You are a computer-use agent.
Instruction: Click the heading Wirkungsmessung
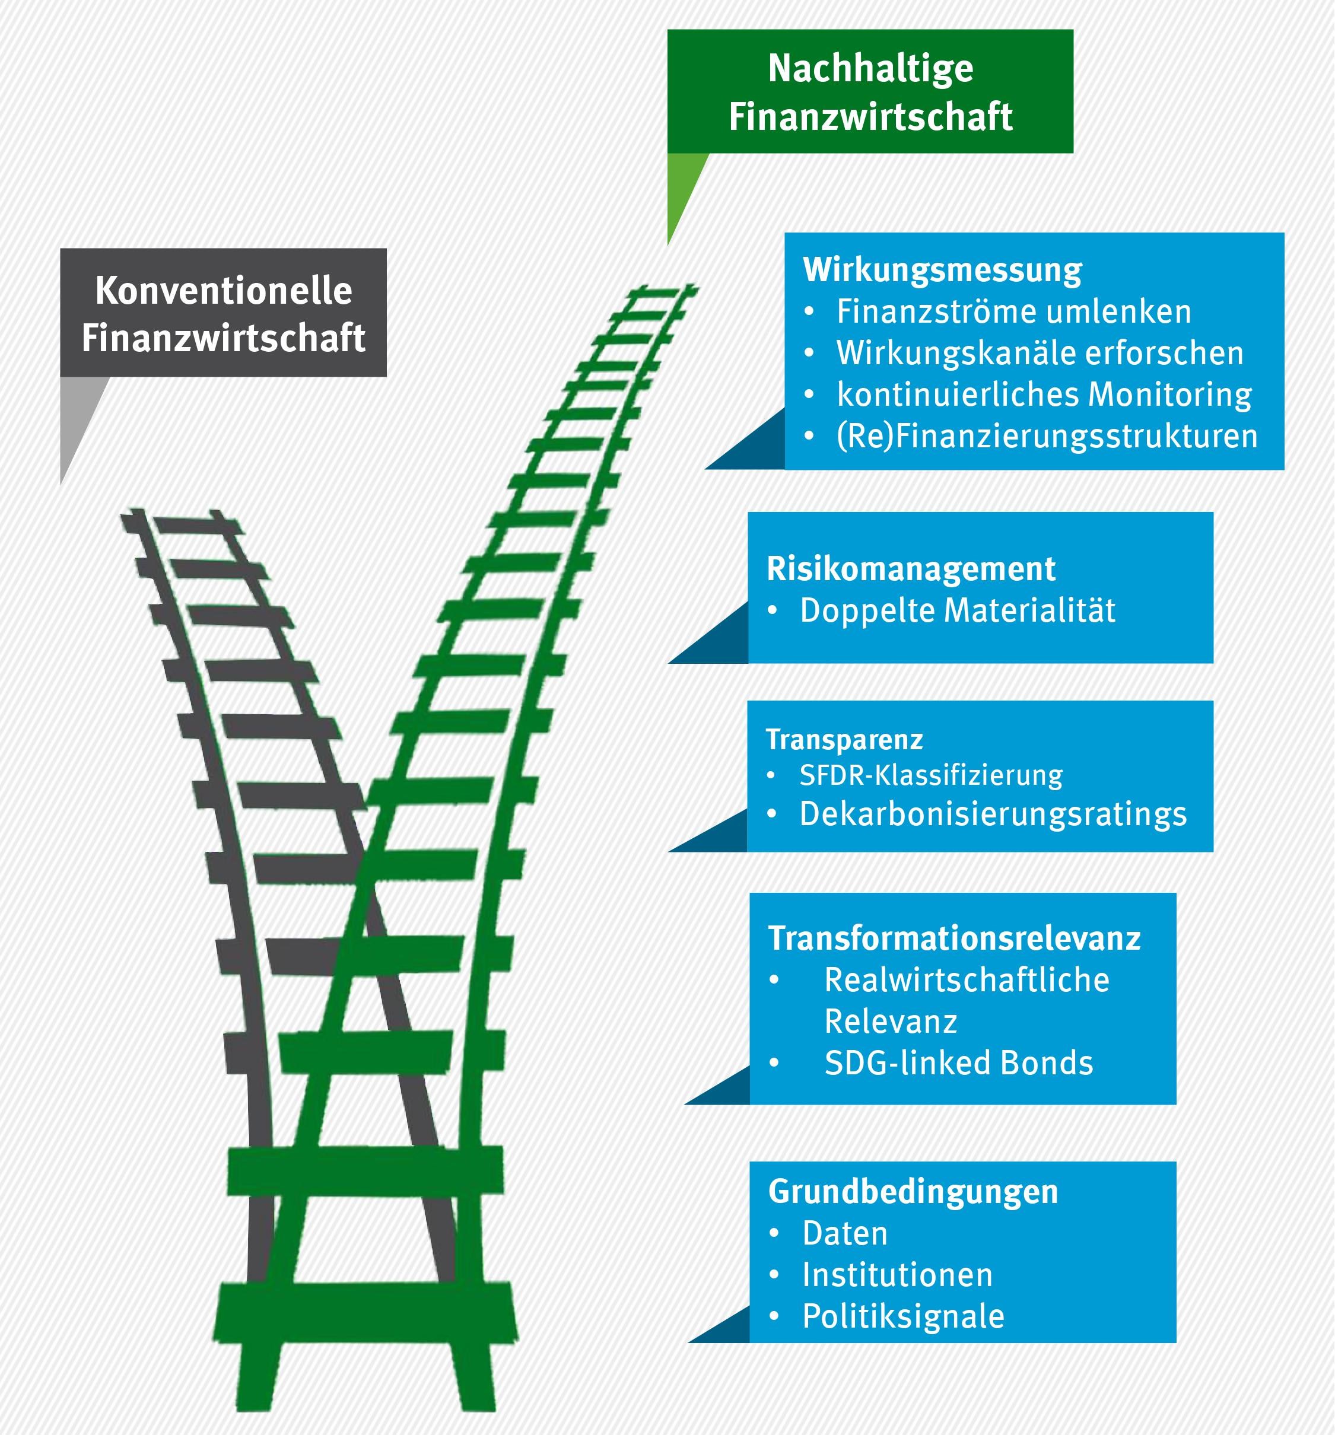[x=942, y=270]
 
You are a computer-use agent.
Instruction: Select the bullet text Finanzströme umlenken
[x=1013, y=312]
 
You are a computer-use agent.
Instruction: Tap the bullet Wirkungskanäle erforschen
[x=1040, y=353]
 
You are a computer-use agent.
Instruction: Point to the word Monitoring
[x=1169, y=395]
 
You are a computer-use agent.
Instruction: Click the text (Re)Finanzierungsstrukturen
[x=1047, y=436]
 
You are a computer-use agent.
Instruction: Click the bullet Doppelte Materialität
[x=958, y=610]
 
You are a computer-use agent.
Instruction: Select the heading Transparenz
[x=844, y=739]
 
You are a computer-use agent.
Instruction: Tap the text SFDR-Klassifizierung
[x=931, y=775]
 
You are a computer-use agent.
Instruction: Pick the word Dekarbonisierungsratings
[x=993, y=814]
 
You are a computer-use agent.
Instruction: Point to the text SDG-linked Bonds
[x=959, y=1063]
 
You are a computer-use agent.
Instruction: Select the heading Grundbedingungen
[x=913, y=1191]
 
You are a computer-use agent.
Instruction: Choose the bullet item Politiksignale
[x=903, y=1316]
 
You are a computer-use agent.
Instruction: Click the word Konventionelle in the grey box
[x=224, y=291]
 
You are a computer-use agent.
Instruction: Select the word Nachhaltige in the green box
[x=871, y=69]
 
